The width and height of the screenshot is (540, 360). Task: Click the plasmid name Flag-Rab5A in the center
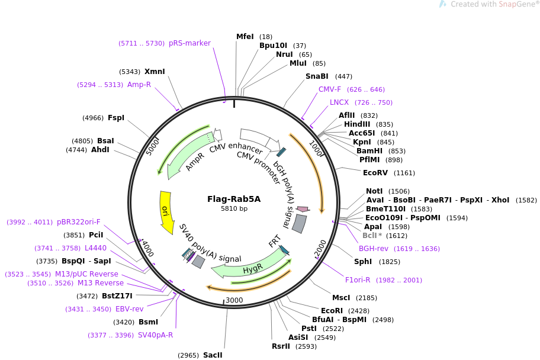tap(234, 199)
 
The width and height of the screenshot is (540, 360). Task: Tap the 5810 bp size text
tap(234, 208)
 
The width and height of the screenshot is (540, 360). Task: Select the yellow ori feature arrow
tap(166, 212)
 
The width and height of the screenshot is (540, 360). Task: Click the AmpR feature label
tap(195, 162)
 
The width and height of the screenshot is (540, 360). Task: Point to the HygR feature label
tap(253, 270)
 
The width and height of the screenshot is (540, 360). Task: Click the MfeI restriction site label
tap(245, 37)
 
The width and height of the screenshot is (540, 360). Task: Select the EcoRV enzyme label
tap(375, 173)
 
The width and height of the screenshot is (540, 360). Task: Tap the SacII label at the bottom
tap(213, 355)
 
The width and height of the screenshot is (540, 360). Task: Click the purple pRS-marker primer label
tap(189, 43)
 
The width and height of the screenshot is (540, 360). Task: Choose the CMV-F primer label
tap(330, 89)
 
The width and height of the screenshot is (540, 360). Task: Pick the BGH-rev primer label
tap(374, 249)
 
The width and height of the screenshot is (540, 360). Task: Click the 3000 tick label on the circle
tap(234, 300)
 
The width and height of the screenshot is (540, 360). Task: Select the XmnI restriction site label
tap(155, 72)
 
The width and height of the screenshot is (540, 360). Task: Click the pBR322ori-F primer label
tap(79, 222)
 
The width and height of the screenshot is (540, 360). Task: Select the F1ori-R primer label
tap(358, 280)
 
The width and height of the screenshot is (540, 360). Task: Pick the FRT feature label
tap(275, 241)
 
